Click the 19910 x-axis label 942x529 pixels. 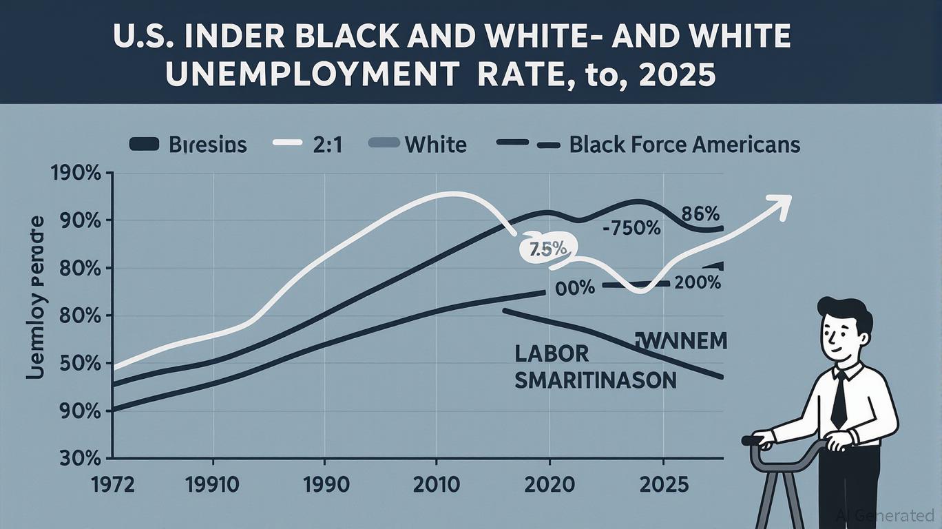[x=213, y=484]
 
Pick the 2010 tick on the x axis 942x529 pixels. [x=436, y=484]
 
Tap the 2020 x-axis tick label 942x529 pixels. [x=549, y=484]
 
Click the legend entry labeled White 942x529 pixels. [x=435, y=145]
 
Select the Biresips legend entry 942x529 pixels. [x=207, y=145]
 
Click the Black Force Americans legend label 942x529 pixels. [x=684, y=145]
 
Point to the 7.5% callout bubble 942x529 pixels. [x=545, y=250]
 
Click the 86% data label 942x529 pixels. [x=700, y=213]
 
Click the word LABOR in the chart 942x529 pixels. [x=552, y=354]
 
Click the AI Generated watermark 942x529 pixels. [x=886, y=515]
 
